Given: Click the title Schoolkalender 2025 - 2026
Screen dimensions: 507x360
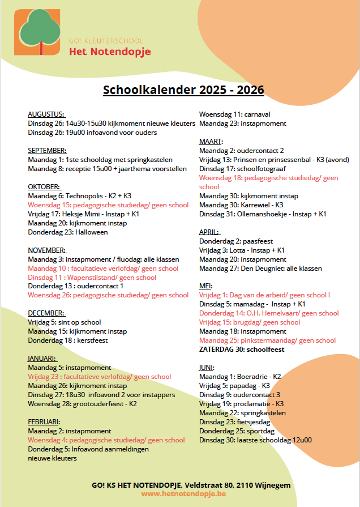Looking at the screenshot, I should (183, 90).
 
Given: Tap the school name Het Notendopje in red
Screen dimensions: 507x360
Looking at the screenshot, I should (110, 52).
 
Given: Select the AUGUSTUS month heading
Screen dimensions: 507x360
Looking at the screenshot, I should (46, 114).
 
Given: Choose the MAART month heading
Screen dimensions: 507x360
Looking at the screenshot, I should (211, 142).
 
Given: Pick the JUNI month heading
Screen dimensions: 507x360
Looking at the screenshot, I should (207, 368).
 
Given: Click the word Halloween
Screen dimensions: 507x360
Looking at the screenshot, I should (90, 232).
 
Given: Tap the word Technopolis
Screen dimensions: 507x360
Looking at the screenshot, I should (84, 196).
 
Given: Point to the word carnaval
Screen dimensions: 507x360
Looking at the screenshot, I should (255, 114).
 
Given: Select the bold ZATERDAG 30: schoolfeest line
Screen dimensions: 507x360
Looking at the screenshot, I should (241, 350).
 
